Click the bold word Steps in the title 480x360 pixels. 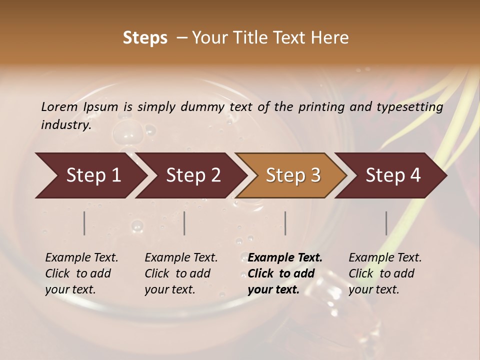tap(145, 38)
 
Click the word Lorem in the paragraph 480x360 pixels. tap(59, 106)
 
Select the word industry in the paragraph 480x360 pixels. tap(65, 125)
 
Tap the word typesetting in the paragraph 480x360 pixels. tap(411, 107)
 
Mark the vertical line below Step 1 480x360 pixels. tap(84, 223)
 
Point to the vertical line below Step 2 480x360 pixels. tap(184, 223)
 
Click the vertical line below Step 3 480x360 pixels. tap(285, 223)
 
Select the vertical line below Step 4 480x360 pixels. tap(386, 223)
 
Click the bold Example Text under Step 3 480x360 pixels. tap(285, 258)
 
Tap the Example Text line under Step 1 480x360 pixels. tap(81, 258)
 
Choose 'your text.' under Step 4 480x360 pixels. tap(373, 289)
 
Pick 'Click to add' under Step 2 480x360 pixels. tap(177, 273)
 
